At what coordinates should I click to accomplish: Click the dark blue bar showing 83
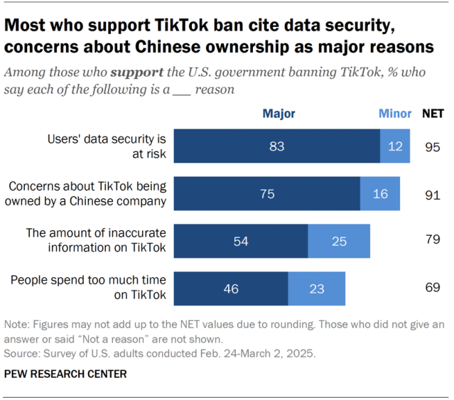(277, 146)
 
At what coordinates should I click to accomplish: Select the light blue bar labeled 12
(395, 146)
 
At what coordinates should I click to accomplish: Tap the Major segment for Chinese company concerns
(267, 194)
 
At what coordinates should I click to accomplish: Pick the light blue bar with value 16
(380, 194)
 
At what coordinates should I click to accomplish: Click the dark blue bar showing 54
(241, 241)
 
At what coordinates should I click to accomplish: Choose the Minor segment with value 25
(339, 241)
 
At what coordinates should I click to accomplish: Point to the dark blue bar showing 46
(231, 288)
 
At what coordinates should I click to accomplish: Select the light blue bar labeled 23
(317, 288)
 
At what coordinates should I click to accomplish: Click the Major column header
(279, 114)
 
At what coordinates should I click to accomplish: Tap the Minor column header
(395, 114)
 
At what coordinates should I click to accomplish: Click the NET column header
(433, 114)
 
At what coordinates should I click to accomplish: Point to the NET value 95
(432, 147)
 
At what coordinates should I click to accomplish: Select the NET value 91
(432, 194)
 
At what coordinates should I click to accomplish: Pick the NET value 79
(432, 241)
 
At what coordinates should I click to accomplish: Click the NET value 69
(432, 288)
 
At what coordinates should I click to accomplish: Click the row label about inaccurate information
(96, 240)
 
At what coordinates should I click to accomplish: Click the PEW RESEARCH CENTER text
(65, 374)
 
